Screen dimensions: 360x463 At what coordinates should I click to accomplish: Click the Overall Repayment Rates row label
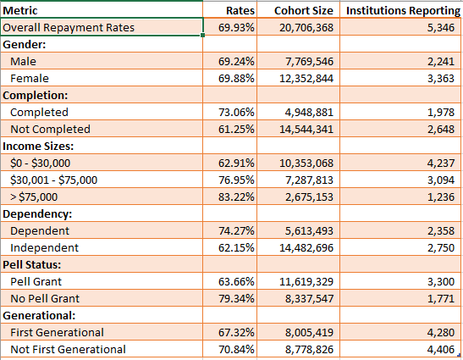click(x=69, y=28)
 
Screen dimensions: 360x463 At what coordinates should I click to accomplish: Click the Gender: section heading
click(x=28, y=44)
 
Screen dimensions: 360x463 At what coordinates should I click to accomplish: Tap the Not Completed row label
click(x=50, y=129)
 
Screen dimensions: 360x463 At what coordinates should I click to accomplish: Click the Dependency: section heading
click(x=41, y=213)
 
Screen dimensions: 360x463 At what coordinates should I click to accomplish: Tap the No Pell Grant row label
click(x=47, y=298)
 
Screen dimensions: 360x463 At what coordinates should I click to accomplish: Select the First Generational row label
click(x=57, y=332)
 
